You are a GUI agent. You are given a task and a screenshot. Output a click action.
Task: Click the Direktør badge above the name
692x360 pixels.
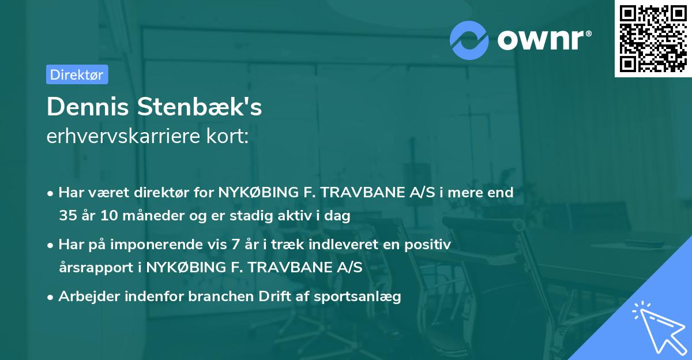point(77,74)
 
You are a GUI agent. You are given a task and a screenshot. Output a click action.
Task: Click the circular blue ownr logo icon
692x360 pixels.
point(469,40)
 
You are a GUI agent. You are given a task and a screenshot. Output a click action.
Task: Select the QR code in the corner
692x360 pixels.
point(652,38)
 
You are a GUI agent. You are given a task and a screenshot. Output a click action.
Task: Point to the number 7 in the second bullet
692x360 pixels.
point(235,245)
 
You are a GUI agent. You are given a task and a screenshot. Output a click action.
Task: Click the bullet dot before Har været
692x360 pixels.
point(51,193)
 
